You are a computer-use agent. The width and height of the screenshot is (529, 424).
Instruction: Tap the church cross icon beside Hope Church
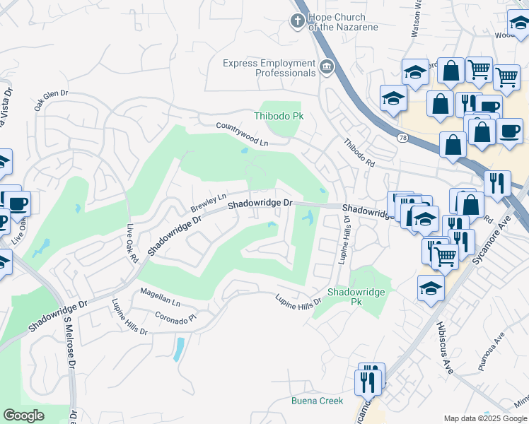(x=296, y=21)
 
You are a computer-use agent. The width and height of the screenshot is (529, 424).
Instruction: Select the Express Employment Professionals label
(x=269, y=68)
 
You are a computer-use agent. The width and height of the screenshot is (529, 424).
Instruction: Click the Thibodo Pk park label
(x=277, y=116)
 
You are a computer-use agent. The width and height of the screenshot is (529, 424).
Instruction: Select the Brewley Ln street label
(x=208, y=203)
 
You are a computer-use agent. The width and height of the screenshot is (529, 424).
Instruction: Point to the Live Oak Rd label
(x=132, y=245)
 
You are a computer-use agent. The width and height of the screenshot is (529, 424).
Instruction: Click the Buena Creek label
(x=317, y=401)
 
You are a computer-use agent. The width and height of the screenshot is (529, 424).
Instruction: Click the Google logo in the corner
(x=23, y=415)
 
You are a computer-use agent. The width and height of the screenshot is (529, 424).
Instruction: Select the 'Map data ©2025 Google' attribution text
(x=484, y=418)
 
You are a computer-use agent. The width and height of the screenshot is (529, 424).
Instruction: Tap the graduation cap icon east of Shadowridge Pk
(x=430, y=288)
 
